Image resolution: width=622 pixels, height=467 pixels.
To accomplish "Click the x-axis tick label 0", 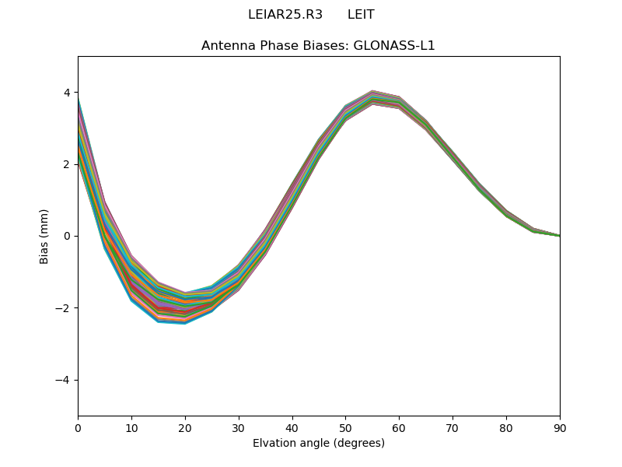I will (x=78, y=427).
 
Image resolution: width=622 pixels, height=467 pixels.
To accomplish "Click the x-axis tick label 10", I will (x=131, y=427).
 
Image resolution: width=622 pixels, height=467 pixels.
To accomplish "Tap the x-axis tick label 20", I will (x=185, y=427).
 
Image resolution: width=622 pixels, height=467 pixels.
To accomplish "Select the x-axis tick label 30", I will (x=239, y=427).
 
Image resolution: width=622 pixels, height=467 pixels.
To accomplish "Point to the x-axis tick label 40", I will (x=292, y=427).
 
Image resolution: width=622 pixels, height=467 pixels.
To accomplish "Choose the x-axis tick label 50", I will (x=345, y=427).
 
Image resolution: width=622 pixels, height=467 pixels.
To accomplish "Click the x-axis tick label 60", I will (x=399, y=427).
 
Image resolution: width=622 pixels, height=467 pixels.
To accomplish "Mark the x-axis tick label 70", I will (x=453, y=427).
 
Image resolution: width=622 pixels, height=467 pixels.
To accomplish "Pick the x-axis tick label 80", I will (x=506, y=427).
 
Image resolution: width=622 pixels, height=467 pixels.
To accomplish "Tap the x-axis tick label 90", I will (x=560, y=427).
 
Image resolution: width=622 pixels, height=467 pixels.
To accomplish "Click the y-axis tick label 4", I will (x=67, y=93).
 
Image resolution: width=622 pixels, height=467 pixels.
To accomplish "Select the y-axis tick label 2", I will (x=67, y=164).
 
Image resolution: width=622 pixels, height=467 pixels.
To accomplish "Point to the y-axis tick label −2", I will (x=64, y=308).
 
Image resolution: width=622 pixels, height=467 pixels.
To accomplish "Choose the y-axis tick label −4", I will (x=64, y=380).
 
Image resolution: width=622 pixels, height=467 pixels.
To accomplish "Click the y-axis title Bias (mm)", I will (x=45, y=236).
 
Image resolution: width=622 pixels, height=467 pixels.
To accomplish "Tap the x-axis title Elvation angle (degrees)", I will (x=319, y=443).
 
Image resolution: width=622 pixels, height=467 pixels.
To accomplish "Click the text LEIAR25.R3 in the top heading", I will (x=285, y=15).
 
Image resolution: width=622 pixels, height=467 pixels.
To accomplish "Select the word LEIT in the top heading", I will (x=361, y=15).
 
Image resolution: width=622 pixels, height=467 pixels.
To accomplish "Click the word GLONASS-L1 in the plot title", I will (x=394, y=45).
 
